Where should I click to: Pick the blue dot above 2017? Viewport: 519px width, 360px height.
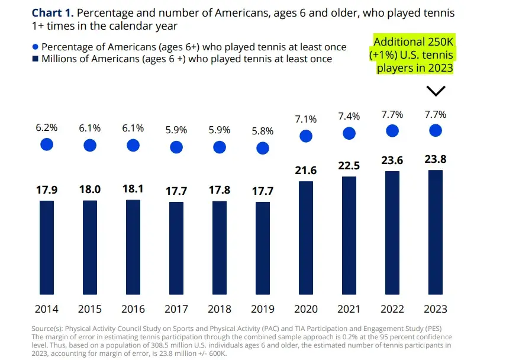pyautogui.click(x=176, y=147)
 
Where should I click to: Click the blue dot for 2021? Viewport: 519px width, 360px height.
pyautogui.click(x=349, y=133)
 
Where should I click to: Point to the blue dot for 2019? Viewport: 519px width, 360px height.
pyautogui.click(x=263, y=148)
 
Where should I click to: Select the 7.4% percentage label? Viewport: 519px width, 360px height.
pyautogui.click(x=349, y=116)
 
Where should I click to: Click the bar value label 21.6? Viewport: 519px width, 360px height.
pyautogui.click(x=306, y=171)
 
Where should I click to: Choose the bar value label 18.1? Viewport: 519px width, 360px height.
pyautogui.click(x=133, y=189)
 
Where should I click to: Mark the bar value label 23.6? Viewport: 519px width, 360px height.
pyautogui.click(x=392, y=160)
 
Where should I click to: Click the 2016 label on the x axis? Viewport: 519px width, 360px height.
pyautogui.click(x=133, y=309)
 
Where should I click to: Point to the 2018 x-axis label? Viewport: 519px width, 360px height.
pyautogui.click(x=220, y=309)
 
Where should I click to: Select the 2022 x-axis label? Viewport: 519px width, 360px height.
pyautogui.click(x=392, y=309)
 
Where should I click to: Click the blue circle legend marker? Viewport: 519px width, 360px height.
pyautogui.click(x=35, y=47)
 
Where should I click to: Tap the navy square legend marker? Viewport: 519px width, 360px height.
pyautogui.click(x=35, y=59)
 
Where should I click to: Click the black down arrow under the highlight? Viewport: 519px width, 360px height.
pyautogui.click(x=436, y=91)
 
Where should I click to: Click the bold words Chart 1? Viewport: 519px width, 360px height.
pyautogui.click(x=53, y=13)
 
